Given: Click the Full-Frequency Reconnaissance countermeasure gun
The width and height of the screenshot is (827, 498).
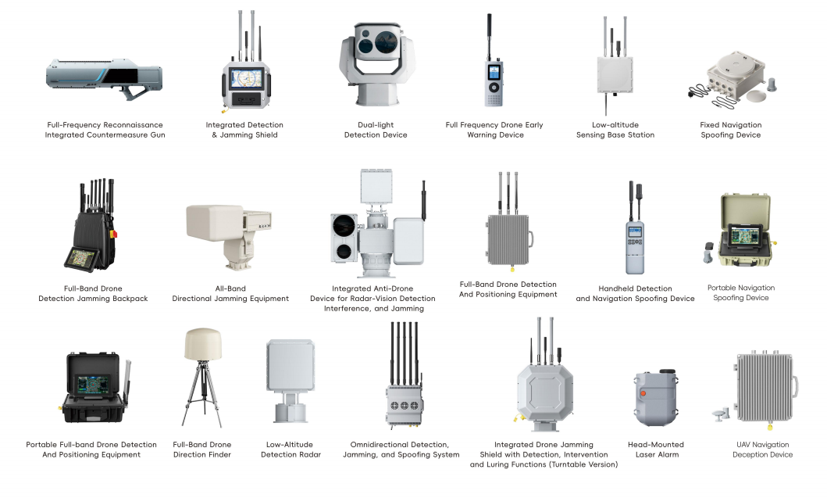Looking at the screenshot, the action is [104, 77].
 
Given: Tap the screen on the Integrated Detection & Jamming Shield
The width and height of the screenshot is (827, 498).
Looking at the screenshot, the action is [246, 78].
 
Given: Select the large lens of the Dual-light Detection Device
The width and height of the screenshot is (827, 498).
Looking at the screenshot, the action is [384, 42].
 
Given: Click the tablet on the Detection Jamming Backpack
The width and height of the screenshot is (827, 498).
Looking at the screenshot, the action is [82, 259].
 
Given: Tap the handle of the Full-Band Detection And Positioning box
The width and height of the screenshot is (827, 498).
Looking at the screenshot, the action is [531, 239].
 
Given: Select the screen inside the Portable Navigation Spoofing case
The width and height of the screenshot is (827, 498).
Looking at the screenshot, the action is [746, 235].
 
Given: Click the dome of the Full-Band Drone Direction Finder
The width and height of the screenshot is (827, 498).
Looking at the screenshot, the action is [203, 344].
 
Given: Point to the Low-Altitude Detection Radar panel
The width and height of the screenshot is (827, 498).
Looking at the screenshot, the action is [291, 365].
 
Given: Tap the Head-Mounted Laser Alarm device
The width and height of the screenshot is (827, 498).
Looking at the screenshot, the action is [656, 396].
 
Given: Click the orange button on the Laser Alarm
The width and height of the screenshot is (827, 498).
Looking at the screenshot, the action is [643, 393].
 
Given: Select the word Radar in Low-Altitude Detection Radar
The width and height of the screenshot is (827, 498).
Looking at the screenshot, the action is [308, 454].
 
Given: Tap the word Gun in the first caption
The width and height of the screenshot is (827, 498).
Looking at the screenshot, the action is [158, 134].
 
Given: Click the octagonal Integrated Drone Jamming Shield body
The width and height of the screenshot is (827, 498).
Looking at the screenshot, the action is [545, 392].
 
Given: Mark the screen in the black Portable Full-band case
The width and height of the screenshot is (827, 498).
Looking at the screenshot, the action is [94, 384].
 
